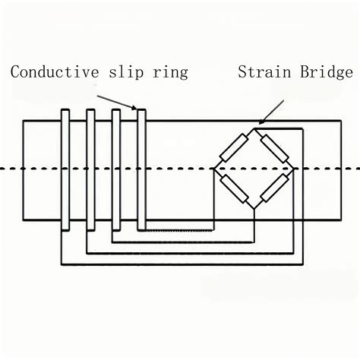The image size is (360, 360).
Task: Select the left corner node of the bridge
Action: click(x=215, y=168)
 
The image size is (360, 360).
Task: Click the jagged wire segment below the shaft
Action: click(x=178, y=230)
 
